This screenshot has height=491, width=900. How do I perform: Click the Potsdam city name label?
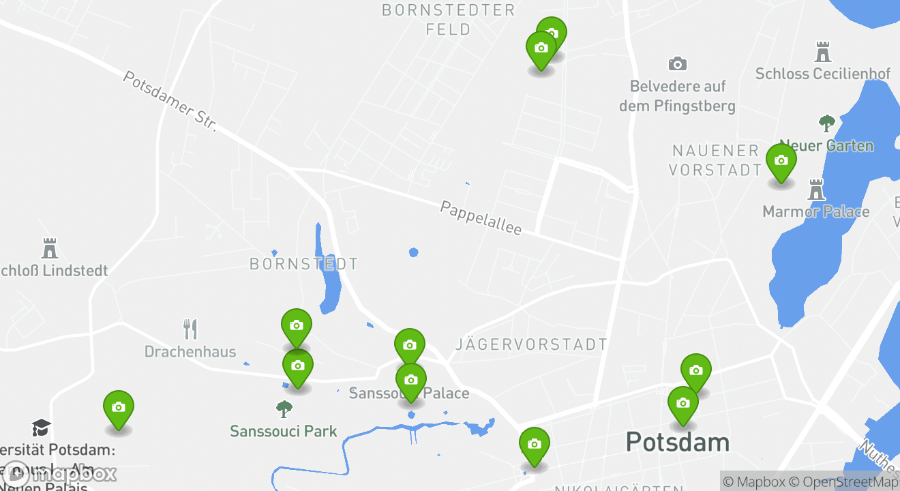click(677, 442)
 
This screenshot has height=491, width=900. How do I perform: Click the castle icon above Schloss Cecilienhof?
click(824, 52)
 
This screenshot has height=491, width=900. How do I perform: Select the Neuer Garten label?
click(826, 145)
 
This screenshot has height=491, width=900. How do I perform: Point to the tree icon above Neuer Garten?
click(826, 123)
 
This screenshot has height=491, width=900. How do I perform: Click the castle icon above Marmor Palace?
click(816, 190)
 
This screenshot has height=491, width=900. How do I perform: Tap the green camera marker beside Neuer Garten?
click(781, 161)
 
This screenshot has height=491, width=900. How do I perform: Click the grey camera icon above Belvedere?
click(677, 64)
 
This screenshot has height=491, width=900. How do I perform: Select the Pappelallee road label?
click(481, 218)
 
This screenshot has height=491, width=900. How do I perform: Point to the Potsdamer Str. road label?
click(169, 101)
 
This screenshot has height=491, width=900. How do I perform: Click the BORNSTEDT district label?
click(303, 264)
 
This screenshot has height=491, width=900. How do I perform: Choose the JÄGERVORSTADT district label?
click(531, 344)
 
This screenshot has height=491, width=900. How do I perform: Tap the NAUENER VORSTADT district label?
click(715, 160)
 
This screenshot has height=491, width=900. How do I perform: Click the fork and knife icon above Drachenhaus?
click(190, 329)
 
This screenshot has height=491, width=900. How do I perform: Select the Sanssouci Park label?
click(284, 431)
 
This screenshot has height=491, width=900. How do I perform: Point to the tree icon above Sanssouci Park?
click(284, 409)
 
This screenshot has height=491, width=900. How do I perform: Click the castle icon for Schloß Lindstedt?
click(49, 248)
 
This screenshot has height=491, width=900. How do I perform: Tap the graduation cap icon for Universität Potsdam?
click(41, 428)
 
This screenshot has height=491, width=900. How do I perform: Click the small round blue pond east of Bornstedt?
click(413, 252)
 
